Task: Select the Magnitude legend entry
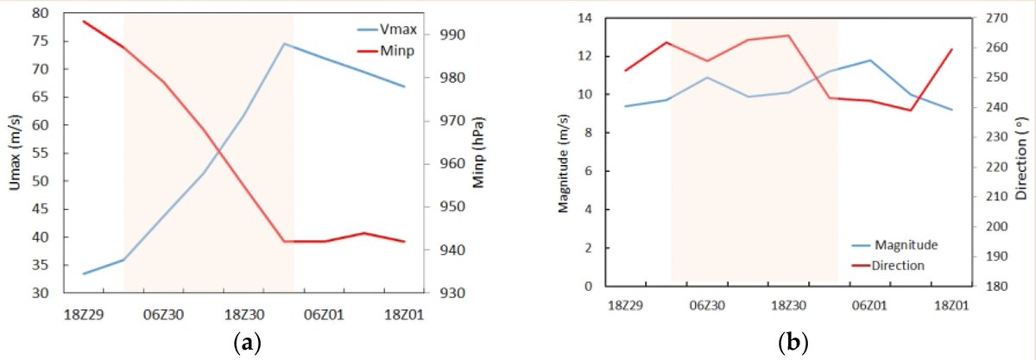tap(906, 245)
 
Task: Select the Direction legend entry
tap(902, 265)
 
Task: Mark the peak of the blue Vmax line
tap(285, 43)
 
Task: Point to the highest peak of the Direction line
tap(788, 35)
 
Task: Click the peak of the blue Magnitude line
tap(870, 60)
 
